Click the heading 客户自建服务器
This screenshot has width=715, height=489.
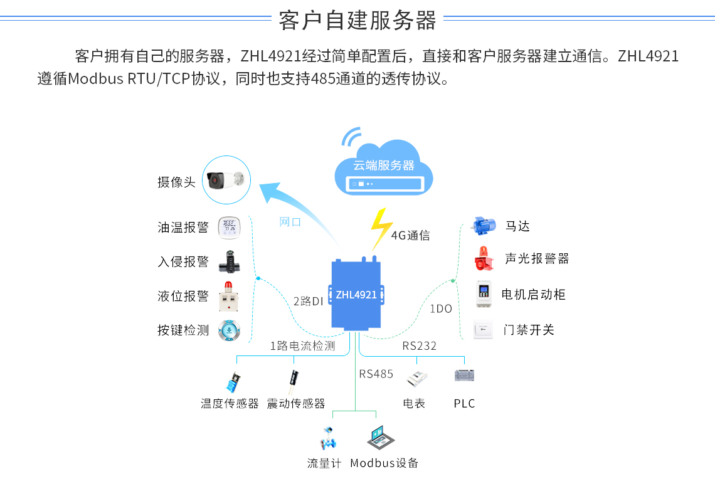(x=357, y=21)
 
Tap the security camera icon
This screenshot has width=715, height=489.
(x=226, y=181)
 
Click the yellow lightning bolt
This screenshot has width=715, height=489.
(x=380, y=229)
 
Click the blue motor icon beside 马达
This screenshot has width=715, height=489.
(x=484, y=226)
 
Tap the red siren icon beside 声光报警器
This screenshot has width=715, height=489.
(x=484, y=259)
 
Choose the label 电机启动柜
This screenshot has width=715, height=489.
(x=534, y=295)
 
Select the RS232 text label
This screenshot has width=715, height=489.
(x=420, y=346)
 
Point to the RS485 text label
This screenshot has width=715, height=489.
(x=376, y=374)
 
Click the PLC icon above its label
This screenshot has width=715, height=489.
(x=464, y=376)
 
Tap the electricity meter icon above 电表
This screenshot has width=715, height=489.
(x=416, y=378)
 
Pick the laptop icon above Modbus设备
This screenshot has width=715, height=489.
(x=381, y=437)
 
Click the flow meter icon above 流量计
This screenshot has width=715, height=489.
(x=327, y=438)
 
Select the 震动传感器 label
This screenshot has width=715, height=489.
(x=296, y=404)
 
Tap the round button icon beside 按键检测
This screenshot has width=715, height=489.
(x=229, y=330)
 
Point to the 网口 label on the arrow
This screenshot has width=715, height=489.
(x=290, y=222)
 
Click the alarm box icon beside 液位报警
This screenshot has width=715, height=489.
(x=229, y=297)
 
